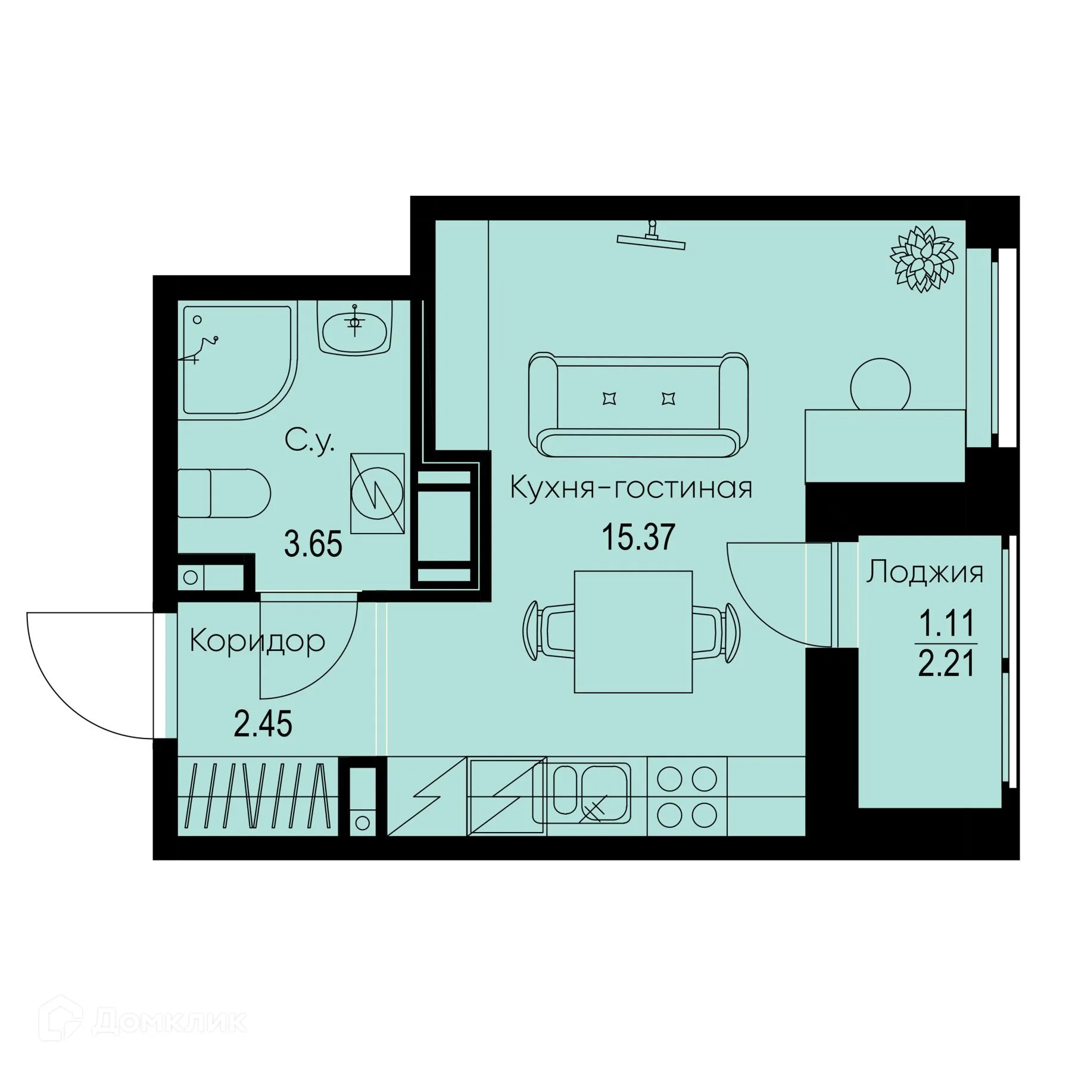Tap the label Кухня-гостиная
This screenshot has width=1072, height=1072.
tap(631, 488)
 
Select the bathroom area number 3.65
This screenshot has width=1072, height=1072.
tap(313, 544)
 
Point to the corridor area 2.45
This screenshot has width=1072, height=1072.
tap(263, 724)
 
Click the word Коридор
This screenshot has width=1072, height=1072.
tap(257, 641)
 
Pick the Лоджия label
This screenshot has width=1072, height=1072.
tap(924, 572)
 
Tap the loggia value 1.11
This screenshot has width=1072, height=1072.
tap(946, 624)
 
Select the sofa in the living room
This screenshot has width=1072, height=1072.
tap(638, 405)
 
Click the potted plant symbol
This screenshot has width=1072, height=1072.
tap(924, 259)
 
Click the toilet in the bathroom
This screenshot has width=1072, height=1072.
tap(223, 493)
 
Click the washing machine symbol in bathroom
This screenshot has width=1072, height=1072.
tap(378, 493)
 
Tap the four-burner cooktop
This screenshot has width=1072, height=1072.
tap(687, 796)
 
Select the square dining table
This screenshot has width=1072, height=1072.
tap(633, 632)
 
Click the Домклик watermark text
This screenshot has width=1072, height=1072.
tap(170, 1022)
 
